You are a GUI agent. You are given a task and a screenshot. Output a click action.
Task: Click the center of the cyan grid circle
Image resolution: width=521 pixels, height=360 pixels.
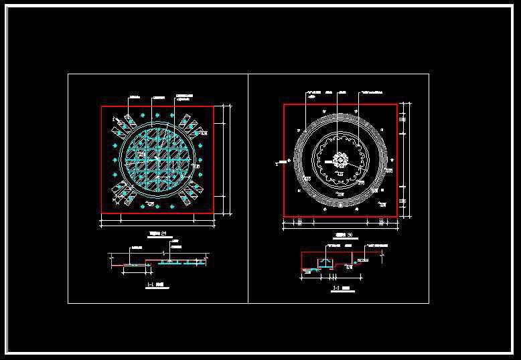coord(158,159)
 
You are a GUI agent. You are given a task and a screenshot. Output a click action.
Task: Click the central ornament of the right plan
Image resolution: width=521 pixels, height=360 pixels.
coord(340,161)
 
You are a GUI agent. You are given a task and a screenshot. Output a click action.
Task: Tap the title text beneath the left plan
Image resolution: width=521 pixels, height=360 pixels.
coord(157,234)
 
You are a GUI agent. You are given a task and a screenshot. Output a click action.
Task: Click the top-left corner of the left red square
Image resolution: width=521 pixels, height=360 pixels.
coord(102,106)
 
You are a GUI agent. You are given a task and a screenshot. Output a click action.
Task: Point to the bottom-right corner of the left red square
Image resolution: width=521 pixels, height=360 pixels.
coord(214,213)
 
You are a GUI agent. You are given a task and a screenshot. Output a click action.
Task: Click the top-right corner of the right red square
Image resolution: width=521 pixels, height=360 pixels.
coord(396,104)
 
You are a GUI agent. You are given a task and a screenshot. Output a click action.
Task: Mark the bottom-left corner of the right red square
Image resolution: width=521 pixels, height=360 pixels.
coord(284,216)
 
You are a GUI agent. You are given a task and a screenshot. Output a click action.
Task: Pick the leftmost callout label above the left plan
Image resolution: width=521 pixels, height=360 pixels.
coord(133,96)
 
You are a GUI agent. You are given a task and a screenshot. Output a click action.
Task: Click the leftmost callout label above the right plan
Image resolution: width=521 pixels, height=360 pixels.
coord(313,92)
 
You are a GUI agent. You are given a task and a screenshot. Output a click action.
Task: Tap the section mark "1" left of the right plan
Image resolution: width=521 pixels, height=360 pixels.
coord(277,162)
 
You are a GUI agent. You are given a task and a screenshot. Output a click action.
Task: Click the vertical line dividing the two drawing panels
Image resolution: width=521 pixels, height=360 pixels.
coord(248,188)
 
